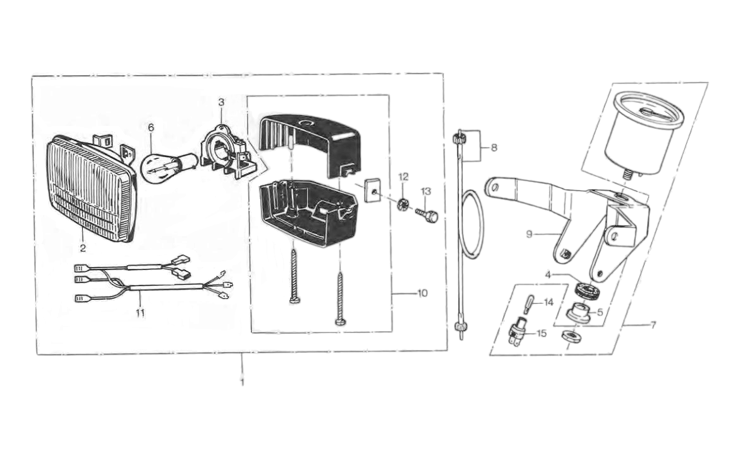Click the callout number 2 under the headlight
(x=83, y=248)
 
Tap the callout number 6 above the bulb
(x=151, y=128)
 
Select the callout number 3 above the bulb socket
(x=221, y=102)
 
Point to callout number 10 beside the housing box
(x=422, y=294)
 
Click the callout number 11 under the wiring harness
(x=140, y=313)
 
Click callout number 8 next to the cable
(x=493, y=147)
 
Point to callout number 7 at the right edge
(x=653, y=325)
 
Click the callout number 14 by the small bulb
(x=548, y=302)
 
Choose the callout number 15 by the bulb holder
(x=542, y=333)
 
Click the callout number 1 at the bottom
(x=241, y=383)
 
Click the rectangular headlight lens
(x=90, y=190)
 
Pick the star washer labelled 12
(x=403, y=204)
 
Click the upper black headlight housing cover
(x=310, y=142)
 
